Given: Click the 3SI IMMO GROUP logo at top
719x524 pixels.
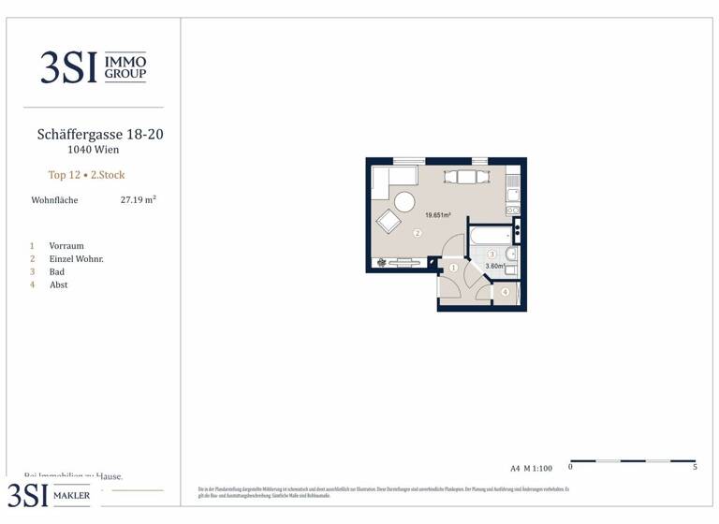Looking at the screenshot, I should pyautogui.click(x=93, y=67).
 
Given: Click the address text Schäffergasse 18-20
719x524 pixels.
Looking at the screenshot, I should pyautogui.click(x=100, y=135).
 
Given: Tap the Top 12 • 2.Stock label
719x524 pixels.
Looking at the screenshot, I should pyautogui.click(x=86, y=175).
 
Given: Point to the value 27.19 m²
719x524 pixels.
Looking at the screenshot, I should pyautogui.click(x=139, y=199).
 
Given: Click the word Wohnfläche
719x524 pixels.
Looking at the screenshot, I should pyautogui.click(x=54, y=200).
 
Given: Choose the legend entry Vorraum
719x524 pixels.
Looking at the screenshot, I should pyautogui.click(x=66, y=246).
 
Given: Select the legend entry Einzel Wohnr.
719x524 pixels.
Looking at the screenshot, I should pyautogui.click(x=76, y=259).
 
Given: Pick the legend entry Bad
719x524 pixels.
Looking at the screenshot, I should pyautogui.click(x=57, y=272).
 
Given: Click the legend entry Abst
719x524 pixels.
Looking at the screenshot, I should pyautogui.click(x=58, y=285).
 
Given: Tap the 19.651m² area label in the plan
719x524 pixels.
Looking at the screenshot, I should pyautogui.click(x=438, y=215).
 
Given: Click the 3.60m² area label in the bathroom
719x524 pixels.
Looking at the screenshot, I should pyautogui.click(x=494, y=267).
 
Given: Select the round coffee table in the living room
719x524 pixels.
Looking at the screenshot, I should pyautogui.click(x=404, y=202).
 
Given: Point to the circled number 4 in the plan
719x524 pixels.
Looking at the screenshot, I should pyautogui.click(x=505, y=293).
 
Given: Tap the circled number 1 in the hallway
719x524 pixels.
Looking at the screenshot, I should pyautogui.click(x=453, y=269).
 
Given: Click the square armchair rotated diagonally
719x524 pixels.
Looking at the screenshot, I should pyautogui.click(x=389, y=222).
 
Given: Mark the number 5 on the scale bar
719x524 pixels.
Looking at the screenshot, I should pyautogui.click(x=695, y=467).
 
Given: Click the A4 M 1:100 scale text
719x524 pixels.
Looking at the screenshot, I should pyautogui.click(x=532, y=468).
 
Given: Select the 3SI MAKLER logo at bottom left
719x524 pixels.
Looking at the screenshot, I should pyautogui.click(x=49, y=495).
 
